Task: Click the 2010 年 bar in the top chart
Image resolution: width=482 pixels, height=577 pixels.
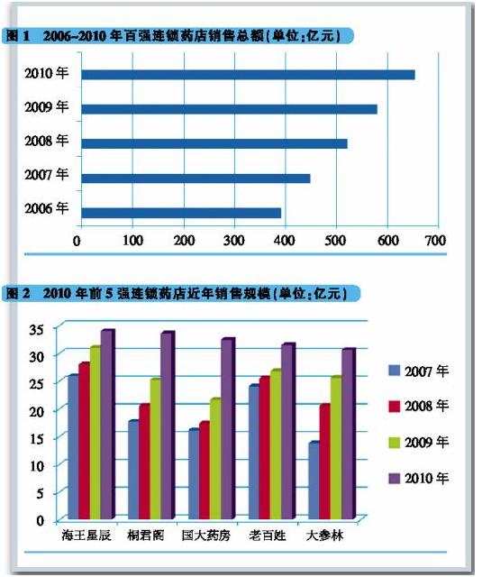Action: coord(248,75)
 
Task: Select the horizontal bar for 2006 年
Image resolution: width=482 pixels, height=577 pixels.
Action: coord(181,213)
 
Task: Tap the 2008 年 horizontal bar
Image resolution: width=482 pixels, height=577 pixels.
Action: coord(214,143)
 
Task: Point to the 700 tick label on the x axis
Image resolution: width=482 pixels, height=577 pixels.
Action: coord(436,241)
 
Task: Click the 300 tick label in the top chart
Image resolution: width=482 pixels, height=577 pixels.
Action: coord(234,241)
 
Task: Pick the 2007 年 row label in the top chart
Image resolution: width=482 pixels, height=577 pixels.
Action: coord(47,174)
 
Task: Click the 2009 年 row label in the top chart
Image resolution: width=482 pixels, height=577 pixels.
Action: coord(47,106)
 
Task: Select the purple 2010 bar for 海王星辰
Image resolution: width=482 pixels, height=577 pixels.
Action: coord(108,424)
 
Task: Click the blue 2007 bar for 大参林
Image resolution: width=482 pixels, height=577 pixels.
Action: coord(314,480)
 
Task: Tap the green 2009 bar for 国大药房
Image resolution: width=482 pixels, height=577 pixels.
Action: coord(216,459)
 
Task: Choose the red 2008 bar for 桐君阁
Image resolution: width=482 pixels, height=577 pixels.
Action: coord(145,461)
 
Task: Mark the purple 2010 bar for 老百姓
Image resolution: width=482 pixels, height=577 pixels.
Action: coord(288,431)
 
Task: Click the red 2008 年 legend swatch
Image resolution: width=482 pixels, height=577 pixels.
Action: coord(394,407)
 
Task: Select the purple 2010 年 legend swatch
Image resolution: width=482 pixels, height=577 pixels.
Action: coord(394,478)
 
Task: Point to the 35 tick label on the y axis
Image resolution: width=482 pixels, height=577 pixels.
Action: coord(37,328)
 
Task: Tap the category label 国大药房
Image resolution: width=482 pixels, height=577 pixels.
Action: coord(206,535)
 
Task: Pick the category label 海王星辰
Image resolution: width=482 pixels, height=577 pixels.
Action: coord(86,535)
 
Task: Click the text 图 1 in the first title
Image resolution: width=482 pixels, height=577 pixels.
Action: coord(18,36)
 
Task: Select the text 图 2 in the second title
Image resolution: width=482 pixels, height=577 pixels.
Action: coord(18,293)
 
